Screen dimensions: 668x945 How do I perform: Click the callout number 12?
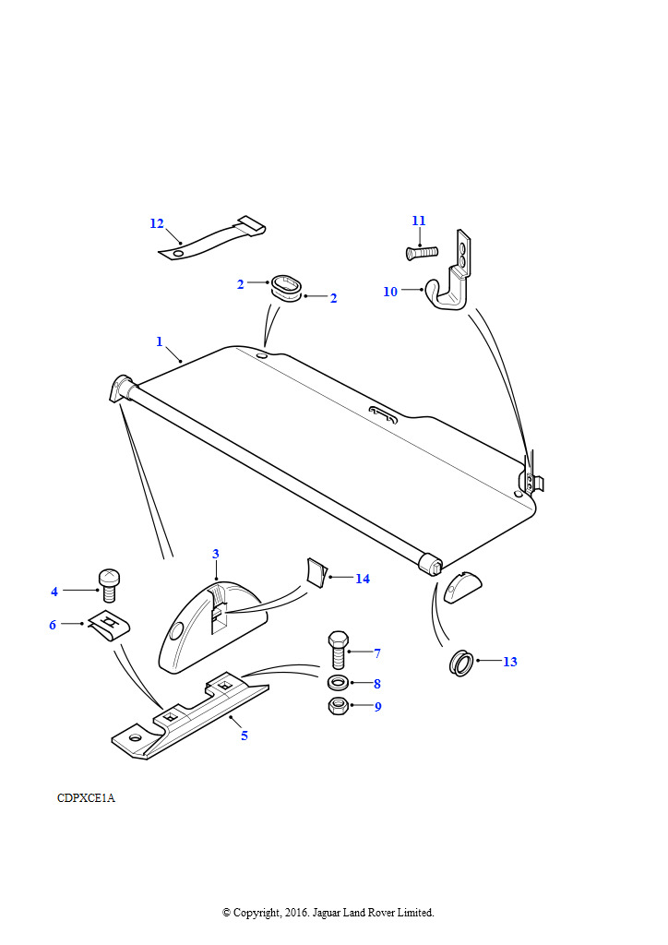pos(157,223)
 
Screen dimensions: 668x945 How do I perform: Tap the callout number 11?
pos(419,221)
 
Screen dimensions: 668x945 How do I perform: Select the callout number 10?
pos(390,292)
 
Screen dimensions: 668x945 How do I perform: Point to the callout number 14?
pos(362,579)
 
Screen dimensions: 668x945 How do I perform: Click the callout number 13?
pos(509,662)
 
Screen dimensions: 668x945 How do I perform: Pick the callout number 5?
pos(244,736)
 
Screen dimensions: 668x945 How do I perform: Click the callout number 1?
pos(160,341)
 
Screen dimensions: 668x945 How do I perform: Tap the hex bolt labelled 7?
pos(338,650)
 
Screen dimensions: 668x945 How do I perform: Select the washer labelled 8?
pos(338,684)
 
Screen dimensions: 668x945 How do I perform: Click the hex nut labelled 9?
pos(338,706)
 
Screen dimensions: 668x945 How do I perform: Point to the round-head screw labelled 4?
pos(109,583)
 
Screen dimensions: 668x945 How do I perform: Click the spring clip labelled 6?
pos(110,627)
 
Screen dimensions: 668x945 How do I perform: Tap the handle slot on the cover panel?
pos(383,414)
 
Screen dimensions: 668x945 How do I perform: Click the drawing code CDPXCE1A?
pos(86,798)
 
